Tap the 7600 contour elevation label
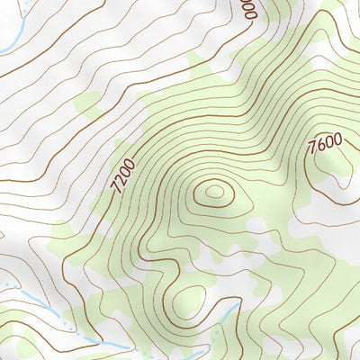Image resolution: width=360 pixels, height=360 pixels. point(324,144)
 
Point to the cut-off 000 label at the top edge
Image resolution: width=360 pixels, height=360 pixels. point(249,11)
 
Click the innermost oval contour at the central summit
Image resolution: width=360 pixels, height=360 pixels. point(214,191)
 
